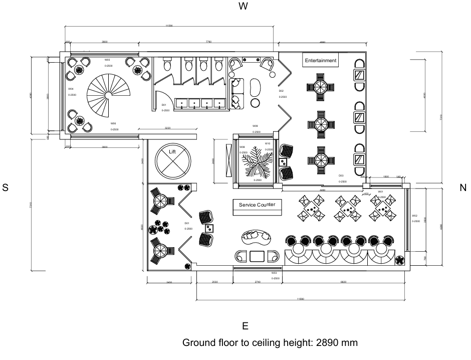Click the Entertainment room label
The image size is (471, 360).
(321, 61)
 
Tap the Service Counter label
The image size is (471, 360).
(257, 205)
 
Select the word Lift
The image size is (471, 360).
(172, 151)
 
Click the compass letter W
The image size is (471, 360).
(244, 7)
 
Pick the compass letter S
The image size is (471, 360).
(6, 188)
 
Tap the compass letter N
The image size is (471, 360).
(462, 188)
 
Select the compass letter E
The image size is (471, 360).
(245, 326)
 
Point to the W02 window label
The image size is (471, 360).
(415, 215)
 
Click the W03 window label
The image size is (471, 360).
(274, 273)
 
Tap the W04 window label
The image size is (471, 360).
(71, 89)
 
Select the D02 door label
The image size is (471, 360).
(281, 91)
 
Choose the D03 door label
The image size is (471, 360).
(341, 175)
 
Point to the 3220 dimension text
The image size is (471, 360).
(167, 128)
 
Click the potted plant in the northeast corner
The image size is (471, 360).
(400, 260)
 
